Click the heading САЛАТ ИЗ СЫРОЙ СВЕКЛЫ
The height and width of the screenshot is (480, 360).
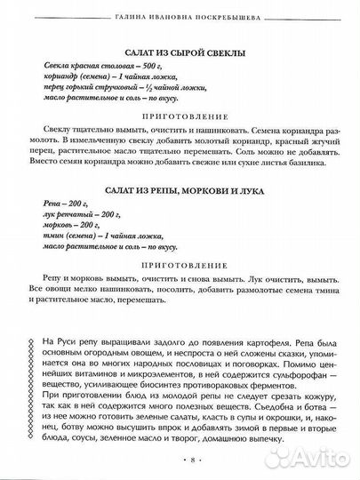(185, 52)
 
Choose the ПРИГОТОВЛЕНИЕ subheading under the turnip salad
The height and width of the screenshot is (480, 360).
(185, 264)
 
